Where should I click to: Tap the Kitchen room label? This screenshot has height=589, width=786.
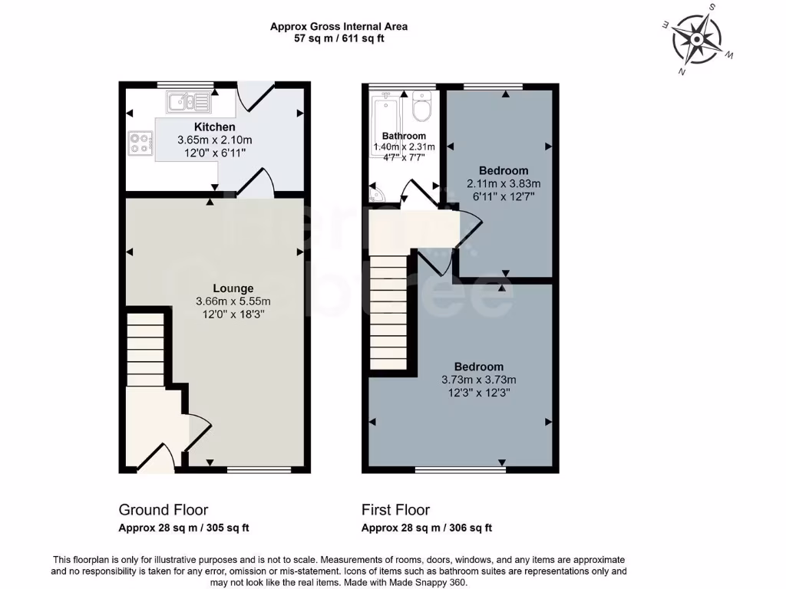coord(214,127)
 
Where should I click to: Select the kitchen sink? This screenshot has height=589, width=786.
coord(188,100)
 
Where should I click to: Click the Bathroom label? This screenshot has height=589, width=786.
coord(405,136)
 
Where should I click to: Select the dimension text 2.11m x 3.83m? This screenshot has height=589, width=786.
coord(504,183)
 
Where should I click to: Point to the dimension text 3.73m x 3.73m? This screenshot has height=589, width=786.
coord(478,380)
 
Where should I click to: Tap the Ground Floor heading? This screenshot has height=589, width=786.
coord(163,510)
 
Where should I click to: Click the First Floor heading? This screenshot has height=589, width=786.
coord(395,510)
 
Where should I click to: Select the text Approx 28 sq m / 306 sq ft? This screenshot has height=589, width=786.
coord(427,528)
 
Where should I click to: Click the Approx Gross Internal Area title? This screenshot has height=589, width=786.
coord(339,26)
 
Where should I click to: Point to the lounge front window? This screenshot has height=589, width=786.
coord(259,469)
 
